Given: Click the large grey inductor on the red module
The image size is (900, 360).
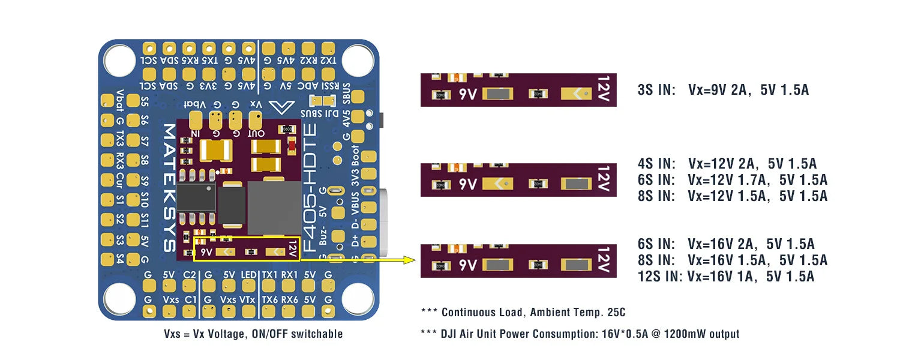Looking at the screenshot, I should pos(273,208).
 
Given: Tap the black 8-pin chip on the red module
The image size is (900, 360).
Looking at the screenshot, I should pos(196,196).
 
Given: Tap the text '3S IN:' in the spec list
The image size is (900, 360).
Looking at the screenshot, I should pos(656,90).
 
